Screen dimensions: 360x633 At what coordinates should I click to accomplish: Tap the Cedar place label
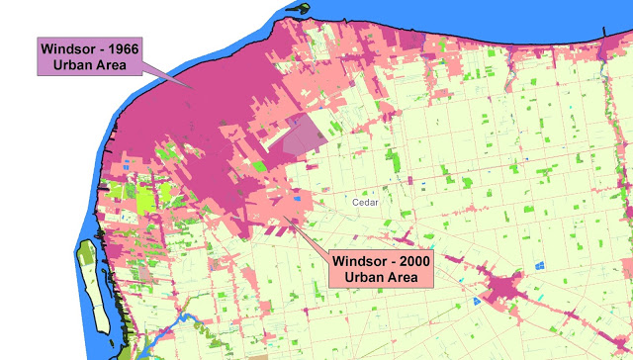click(366, 201)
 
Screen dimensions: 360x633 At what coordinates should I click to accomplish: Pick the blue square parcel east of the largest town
click(540, 264)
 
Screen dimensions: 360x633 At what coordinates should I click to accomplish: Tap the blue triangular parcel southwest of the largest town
click(477, 297)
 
